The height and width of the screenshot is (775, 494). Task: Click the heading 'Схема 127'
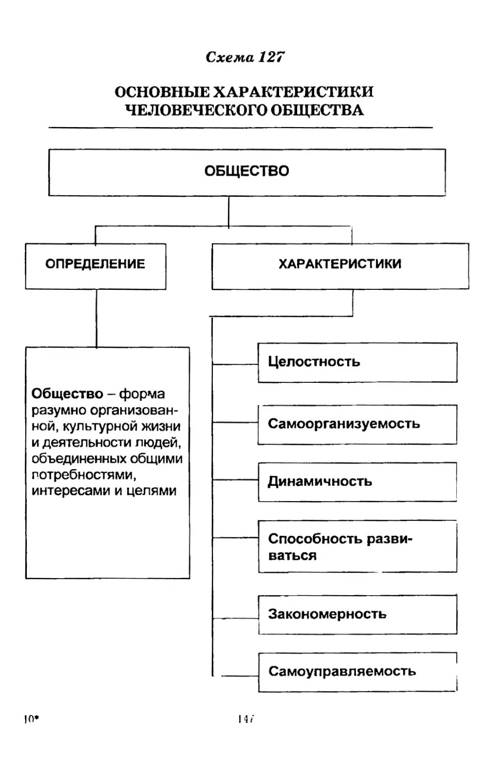(x=245, y=57)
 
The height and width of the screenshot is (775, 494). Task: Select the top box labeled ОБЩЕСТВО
(x=246, y=172)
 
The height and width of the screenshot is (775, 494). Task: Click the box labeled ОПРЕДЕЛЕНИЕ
(x=96, y=265)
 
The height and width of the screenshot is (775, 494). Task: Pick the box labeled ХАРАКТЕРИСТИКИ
(x=340, y=265)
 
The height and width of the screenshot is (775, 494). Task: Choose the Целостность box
(x=357, y=362)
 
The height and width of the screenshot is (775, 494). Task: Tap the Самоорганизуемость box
(x=357, y=424)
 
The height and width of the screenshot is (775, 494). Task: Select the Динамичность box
(x=357, y=482)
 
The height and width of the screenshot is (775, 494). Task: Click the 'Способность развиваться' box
(x=357, y=547)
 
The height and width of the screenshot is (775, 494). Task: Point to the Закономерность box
(x=357, y=614)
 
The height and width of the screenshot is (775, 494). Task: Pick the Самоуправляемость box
(x=357, y=672)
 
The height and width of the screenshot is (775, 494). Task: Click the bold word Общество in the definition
(x=68, y=394)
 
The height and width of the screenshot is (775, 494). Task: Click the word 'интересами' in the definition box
(x=71, y=491)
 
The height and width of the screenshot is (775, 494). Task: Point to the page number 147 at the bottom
(x=246, y=719)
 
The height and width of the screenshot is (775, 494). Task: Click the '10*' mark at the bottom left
(x=32, y=719)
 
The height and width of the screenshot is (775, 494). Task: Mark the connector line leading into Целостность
(x=235, y=364)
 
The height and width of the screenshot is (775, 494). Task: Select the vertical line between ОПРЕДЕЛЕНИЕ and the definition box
(x=97, y=318)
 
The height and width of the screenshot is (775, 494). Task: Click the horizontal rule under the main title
(x=240, y=127)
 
